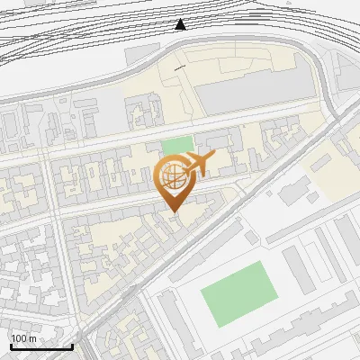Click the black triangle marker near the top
[x=181, y=24]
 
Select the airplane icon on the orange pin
[x=199, y=164]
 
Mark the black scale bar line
[x=41, y=347]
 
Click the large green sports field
[x=238, y=293]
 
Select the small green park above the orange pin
[x=177, y=145]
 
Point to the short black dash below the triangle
[x=180, y=67]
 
